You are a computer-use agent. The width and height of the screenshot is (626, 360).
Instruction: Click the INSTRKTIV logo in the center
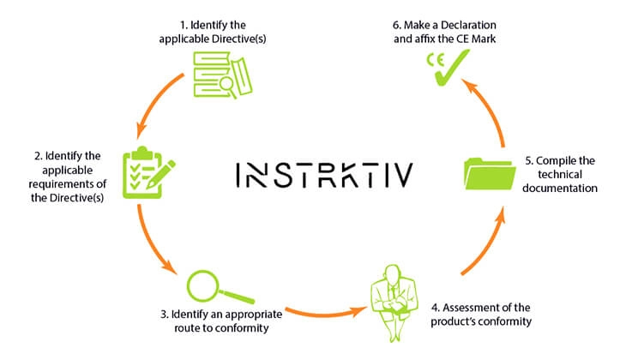tap(324, 175)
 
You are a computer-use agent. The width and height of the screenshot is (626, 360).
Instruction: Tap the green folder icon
tap(491, 174)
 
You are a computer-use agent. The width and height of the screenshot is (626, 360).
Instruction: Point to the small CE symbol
tap(435, 60)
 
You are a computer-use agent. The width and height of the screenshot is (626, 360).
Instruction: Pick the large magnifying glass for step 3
tap(220, 287)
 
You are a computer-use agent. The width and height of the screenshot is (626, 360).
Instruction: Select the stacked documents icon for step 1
tap(222, 75)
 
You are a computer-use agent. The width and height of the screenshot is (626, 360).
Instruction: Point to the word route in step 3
tap(187, 328)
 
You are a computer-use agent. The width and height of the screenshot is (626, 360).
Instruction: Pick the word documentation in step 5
tap(560, 188)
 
